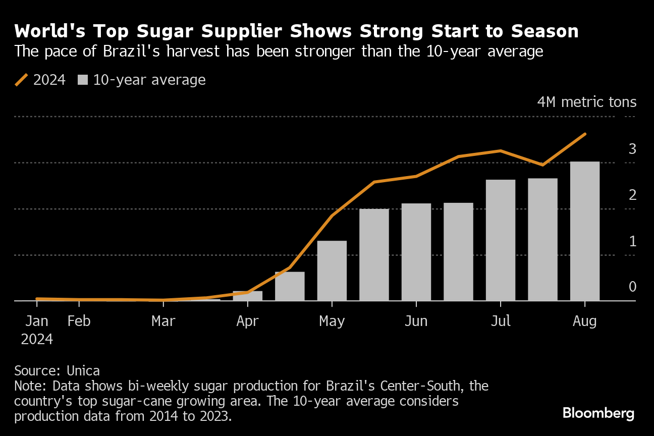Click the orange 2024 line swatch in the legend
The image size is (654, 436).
click(21, 80)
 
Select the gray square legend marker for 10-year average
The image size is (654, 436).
click(83, 80)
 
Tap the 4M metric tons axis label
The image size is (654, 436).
click(587, 102)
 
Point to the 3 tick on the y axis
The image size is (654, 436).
click(632, 149)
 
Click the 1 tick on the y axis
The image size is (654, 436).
click(632, 242)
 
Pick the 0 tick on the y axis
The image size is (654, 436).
click(632, 287)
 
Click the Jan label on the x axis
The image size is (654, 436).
click(37, 321)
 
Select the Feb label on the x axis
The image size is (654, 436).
click(79, 321)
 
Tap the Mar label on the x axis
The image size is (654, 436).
click(163, 321)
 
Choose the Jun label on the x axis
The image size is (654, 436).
click(416, 321)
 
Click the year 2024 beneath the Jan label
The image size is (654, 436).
click(37, 339)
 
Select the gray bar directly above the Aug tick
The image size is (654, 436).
click(585, 231)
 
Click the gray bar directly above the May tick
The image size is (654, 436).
click(332, 270)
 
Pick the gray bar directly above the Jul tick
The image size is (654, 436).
click(501, 240)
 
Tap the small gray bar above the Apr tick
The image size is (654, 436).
click(247, 296)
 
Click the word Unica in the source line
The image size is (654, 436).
click(83, 371)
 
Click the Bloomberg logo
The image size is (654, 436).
click(598, 413)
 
